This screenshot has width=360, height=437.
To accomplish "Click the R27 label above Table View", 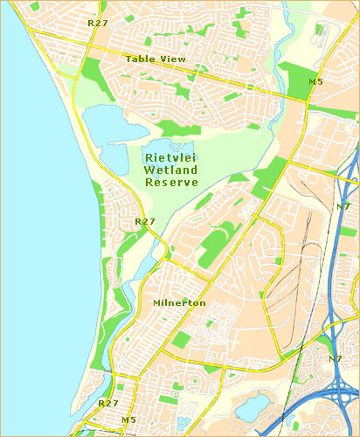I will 98,24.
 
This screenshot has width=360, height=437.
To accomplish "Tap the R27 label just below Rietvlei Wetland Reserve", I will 145,222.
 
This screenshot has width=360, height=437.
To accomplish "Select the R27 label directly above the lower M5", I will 108,403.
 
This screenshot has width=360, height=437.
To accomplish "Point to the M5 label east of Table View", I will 315,81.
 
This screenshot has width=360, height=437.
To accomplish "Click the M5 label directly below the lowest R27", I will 128,420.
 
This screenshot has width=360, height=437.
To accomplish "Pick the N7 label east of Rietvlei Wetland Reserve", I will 343,206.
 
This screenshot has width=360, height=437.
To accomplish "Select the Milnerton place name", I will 179,302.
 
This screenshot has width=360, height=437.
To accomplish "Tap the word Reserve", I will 171,182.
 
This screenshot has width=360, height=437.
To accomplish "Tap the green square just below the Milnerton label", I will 180,339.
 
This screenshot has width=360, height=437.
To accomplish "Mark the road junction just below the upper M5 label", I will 305,99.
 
